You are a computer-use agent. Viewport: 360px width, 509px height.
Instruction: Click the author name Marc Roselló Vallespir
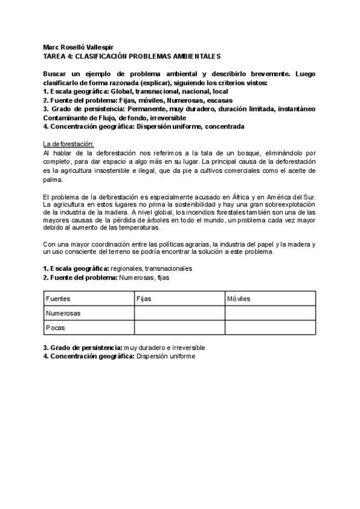(x=79, y=47)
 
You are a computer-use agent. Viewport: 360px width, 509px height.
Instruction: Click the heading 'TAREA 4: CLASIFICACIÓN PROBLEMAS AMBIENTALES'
(x=132, y=56)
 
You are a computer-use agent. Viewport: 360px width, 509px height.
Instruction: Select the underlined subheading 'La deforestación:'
(x=68, y=144)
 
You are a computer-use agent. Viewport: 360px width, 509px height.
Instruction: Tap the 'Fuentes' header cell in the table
(x=58, y=298)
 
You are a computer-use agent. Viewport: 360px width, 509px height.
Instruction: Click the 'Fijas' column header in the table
(x=144, y=298)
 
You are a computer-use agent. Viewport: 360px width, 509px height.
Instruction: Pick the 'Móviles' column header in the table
(x=238, y=298)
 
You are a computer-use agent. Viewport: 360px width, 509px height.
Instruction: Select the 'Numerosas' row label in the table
(x=64, y=313)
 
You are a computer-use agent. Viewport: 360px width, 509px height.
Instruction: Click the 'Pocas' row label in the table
(x=56, y=328)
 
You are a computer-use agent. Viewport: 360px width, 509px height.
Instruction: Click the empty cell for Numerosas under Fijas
(x=179, y=313)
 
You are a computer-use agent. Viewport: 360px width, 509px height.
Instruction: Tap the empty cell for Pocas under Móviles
(x=270, y=328)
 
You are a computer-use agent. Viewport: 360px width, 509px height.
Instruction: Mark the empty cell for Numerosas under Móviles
(x=270, y=313)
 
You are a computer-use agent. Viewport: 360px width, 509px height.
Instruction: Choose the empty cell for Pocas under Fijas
(x=179, y=328)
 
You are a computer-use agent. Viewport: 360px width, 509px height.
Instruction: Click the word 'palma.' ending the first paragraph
(x=53, y=179)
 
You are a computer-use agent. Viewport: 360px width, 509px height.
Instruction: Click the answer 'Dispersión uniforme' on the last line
(x=166, y=356)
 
